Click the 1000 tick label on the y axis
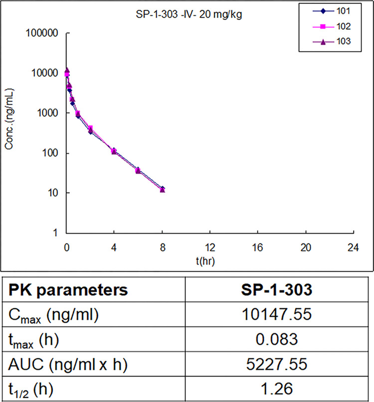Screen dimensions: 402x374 pyautogui.click(x=50, y=113)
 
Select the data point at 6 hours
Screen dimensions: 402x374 pyautogui.click(x=138, y=171)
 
